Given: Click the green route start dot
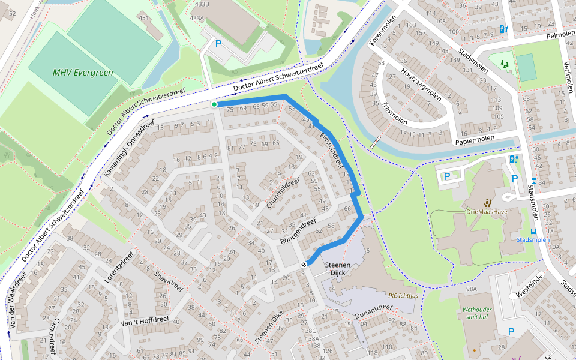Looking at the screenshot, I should pyautogui.click(x=214, y=104).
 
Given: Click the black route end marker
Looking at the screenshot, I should pyautogui.click(x=304, y=264).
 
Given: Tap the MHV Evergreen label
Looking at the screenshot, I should pyautogui.click(x=83, y=73).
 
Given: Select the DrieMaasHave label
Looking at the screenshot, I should pyautogui.click(x=487, y=212).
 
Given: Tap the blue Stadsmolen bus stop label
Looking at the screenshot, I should pyautogui.click(x=533, y=240).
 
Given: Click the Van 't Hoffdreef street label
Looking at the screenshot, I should pyautogui.click(x=145, y=321).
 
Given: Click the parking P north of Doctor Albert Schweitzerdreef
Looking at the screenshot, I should pyautogui.click(x=218, y=44).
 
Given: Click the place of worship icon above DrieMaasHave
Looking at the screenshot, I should pyautogui.click(x=487, y=201).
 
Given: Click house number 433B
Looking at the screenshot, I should pyautogui.click(x=202, y=4).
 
